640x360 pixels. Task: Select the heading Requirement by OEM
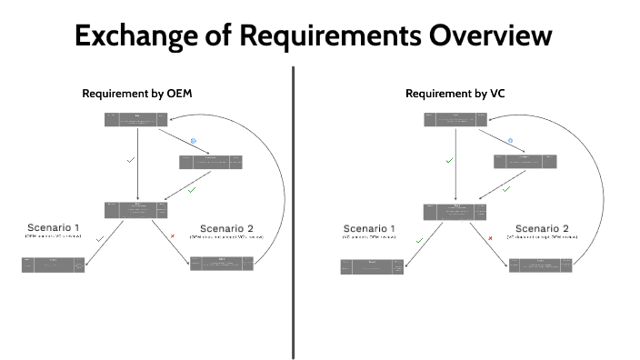[137, 94]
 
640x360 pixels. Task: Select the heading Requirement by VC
[455, 94]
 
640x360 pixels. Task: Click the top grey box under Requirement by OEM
[136, 119]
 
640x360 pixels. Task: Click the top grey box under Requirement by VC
[455, 119]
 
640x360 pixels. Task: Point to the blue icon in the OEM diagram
[193, 141]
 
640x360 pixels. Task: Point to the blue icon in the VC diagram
[511, 141]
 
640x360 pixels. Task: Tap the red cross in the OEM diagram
[173, 237]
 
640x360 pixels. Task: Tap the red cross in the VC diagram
[491, 238]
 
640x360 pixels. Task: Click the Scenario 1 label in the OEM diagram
[53, 226]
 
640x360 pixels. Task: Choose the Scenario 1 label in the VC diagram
[370, 228]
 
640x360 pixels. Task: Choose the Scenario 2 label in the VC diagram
[542, 228]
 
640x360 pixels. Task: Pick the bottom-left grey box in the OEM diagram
[54, 265]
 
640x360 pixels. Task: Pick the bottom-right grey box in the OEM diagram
[222, 265]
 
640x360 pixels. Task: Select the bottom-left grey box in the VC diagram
[372, 266]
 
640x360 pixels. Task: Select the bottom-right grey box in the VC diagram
[540, 265]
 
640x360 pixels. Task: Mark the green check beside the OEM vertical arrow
[130, 160]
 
